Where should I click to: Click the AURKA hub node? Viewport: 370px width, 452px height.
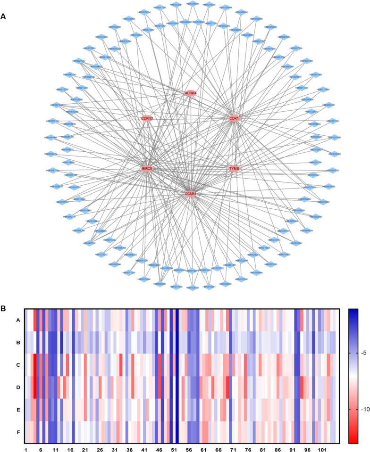(190, 93)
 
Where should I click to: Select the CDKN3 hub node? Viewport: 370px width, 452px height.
(147, 118)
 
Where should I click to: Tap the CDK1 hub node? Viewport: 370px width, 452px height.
(234, 118)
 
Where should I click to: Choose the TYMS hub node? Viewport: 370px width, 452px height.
(235, 168)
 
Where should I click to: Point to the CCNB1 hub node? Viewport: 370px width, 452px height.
(190, 194)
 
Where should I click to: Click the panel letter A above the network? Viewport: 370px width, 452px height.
(4, 16)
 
